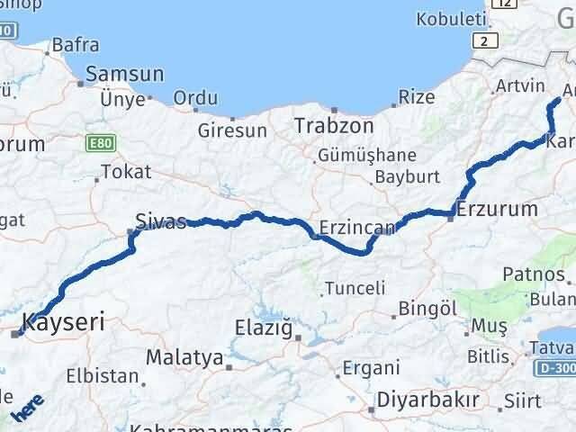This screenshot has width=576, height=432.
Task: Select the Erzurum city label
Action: [x=497, y=209]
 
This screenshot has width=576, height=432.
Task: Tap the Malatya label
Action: [x=184, y=357]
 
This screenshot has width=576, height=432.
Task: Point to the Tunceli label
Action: [x=355, y=288]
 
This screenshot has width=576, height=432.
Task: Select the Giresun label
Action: [x=233, y=130]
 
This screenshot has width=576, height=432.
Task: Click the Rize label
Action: [x=417, y=96]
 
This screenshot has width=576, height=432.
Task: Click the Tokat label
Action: [x=126, y=171]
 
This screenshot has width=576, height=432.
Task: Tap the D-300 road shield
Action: [x=556, y=368]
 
